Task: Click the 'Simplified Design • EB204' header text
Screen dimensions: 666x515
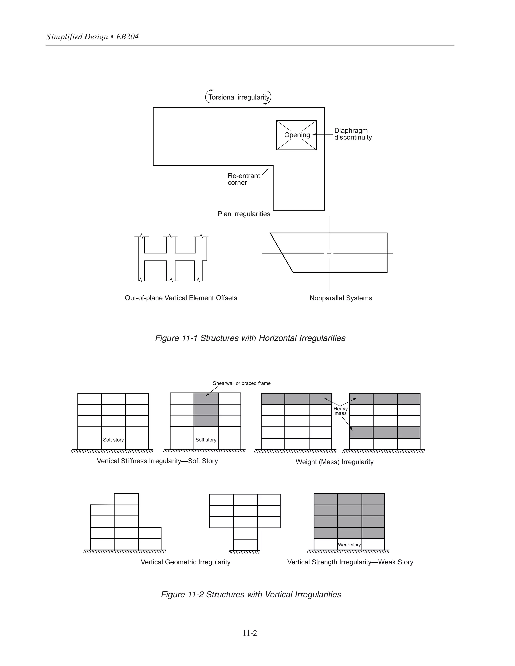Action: (93, 37)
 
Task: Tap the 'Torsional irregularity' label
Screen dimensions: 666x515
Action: (239, 97)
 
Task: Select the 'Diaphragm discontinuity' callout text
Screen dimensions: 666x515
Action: (353, 134)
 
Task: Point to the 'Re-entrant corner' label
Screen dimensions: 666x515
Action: (243, 179)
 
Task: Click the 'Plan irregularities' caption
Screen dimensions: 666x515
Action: (243, 214)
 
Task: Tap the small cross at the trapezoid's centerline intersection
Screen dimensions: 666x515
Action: (329, 253)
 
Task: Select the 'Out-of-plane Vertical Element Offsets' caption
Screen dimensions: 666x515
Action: (181, 298)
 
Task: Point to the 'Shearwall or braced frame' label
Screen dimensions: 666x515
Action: (241, 383)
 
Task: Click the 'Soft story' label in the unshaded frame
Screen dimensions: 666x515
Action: (113, 440)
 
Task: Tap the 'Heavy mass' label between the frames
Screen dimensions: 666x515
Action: (340, 411)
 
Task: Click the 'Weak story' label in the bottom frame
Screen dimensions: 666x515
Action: (349, 545)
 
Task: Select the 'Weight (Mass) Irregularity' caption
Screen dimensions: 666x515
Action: (334, 462)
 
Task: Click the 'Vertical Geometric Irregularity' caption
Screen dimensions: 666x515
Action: (185, 562)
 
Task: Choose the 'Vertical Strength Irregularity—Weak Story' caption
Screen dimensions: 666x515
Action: (350, 562)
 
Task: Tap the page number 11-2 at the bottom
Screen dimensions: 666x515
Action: (250, 633)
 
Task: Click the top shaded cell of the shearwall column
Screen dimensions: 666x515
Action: (206, 399)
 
